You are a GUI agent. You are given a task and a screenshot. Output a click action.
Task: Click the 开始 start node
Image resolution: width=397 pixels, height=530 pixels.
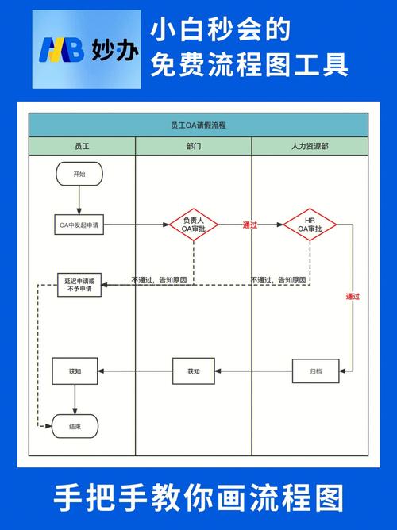click(x=79, y=174)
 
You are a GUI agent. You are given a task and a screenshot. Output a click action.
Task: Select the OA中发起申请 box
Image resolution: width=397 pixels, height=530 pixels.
click(x=79, y=225)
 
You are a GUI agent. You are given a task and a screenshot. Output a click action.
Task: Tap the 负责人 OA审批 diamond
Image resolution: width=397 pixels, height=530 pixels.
click(x=194, y=225)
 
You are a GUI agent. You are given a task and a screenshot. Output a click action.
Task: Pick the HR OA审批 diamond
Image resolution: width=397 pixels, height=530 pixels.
click(x=310, y=225)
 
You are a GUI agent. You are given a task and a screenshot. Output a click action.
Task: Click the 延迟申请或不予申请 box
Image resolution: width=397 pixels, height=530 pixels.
click(x=79, y=285)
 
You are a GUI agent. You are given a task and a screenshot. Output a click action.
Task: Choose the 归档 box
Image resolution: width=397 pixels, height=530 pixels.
click(x=315, y=371)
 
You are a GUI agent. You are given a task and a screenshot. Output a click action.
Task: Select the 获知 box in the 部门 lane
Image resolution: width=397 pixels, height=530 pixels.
click(x=194, y=371)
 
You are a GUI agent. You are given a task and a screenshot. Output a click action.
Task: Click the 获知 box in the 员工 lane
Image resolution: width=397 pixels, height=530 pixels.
click(x=75, y=371)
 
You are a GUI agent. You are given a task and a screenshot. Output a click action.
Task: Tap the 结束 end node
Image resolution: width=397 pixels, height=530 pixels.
click(x=75, y=426)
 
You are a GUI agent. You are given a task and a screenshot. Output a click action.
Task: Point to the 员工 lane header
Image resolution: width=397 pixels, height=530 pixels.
click(x=82, y=146)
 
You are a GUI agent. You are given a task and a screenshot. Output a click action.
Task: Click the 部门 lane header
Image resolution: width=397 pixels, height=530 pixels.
click(x=194, y=146)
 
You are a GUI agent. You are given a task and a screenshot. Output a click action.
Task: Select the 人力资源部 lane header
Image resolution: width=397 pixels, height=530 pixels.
click(x=310, y=146)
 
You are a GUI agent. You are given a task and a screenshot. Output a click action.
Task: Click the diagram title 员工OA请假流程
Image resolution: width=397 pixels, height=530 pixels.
click(x=198, y=125)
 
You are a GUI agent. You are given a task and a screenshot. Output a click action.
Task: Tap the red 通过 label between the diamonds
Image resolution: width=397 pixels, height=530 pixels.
click(x=250, y=225)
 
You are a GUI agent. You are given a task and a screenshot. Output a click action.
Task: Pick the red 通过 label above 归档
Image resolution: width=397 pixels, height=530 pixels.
click(x=353, y=297)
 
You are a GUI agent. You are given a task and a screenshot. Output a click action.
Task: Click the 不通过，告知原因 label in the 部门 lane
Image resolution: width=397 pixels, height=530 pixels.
click(x=159, y=280)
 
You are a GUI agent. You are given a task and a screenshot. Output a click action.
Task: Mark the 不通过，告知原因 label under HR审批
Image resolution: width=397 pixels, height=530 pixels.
click(x=279, y=280)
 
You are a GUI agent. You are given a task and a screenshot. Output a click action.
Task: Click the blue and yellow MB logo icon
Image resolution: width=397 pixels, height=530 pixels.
click(x=61, y=50)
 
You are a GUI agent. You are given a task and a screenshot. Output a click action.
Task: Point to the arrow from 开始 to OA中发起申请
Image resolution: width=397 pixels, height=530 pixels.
click(x=79, y=200)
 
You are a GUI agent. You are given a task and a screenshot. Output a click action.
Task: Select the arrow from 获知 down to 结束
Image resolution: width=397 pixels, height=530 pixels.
click(x=75, y=400)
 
